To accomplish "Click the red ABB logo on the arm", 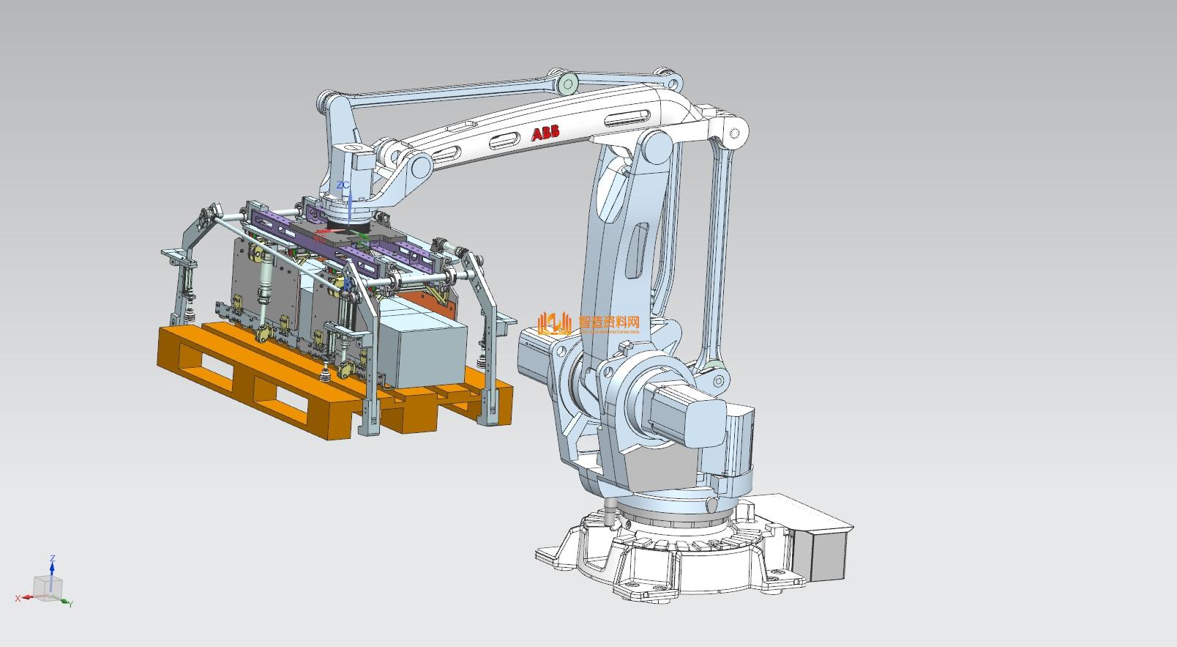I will coord(545,133).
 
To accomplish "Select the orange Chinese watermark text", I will coord(609,322).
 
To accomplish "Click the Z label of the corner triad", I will coord(52,559).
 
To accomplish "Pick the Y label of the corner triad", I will coord(70,604).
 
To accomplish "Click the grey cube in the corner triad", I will coord(48,587).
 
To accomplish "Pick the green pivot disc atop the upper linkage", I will coord(567,84).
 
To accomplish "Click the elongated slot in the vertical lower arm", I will coord(636,253).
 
